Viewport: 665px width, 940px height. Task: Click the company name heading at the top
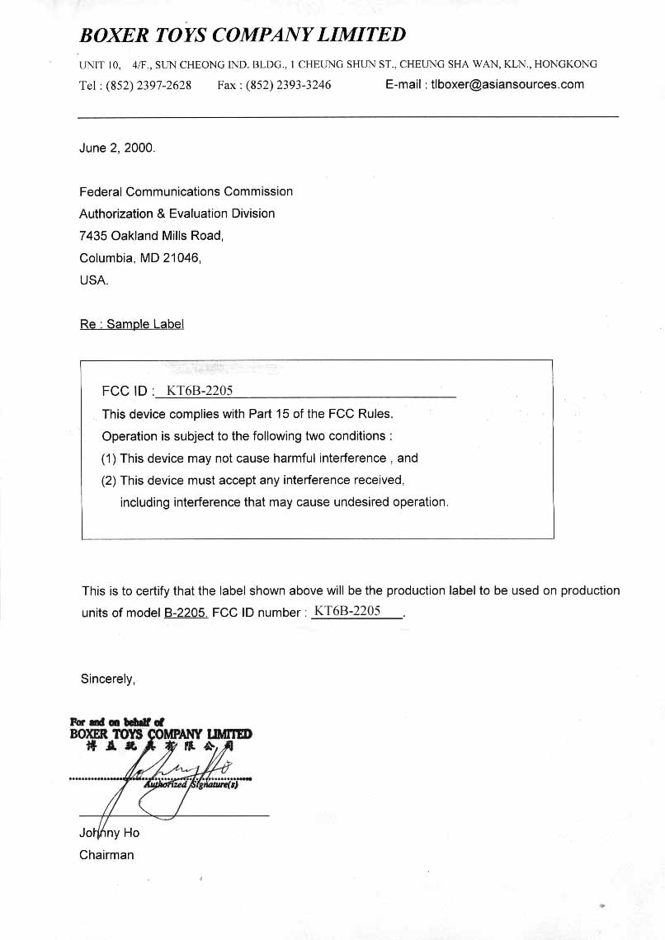(243, 35)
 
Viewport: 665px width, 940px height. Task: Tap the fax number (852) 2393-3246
(288, 85)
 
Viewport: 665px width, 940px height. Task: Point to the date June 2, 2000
(116, 148)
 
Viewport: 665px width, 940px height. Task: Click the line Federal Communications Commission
(186, 191)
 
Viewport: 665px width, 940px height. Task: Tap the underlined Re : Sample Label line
(131, 324)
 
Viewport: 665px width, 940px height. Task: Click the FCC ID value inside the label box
(200, 391)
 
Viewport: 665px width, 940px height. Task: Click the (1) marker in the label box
(109, 458)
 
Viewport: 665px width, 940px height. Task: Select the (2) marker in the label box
(109, 480)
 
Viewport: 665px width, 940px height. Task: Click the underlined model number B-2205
(186, 613)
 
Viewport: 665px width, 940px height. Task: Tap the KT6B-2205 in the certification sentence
(347, 611)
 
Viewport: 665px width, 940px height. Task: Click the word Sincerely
(107, 679)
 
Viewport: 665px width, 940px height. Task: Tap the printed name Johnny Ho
(109, 833)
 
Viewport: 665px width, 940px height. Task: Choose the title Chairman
(106, 855)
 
